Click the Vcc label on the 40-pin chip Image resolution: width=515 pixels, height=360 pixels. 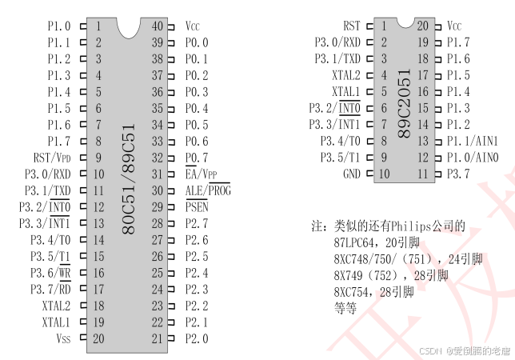pyautogui.click(x=193, y=26)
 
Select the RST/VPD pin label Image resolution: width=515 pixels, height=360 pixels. pyautogui.click(x=52, y=158)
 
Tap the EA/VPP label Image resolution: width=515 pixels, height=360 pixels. pyautogui.click(x=202, y=174)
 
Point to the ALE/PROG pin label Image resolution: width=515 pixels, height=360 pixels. pyautogui.click(x=207, y=190)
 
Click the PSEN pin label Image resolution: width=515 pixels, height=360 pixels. pyautogui.click(x=197, y=207)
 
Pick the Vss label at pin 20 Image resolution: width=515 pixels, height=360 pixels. pyautogui.click(x=63, y=338)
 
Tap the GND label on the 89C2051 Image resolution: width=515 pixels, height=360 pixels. pyautogui.click(x=351, y=174)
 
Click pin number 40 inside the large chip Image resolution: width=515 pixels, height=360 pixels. pyautogui.click(x=158, y=26)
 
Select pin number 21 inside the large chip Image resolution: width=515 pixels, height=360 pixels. pyautogui.click(x=158, y=338)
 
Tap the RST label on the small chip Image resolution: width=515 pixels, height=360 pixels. pyautogui.click(x=352, y=26)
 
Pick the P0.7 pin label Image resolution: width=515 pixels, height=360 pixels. pyautogui.click(x=197, y=158)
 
